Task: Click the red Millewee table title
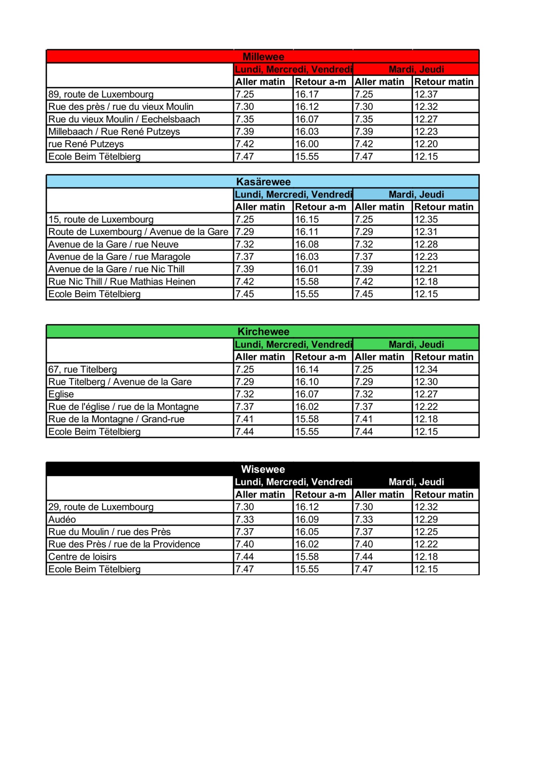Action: (263, 57)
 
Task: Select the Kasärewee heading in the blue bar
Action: (263, 182)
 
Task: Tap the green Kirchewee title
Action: (263, 332)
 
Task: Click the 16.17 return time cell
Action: (307, 94)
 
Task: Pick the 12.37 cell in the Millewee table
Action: (426, 94)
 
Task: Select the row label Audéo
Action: (62, 519)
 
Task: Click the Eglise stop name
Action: (61, 394)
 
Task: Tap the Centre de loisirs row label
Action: (82, 557)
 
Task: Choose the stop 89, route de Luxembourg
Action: (101, 94)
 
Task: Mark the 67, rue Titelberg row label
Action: (83, 369)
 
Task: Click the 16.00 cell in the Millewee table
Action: (307, 144)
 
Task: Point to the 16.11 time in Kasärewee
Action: (307, 232)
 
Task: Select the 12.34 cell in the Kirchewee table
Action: (426, 369)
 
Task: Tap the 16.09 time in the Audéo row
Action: (307, 519)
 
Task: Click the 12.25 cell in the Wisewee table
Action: (426, 532)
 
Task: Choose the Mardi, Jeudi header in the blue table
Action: (416, 194)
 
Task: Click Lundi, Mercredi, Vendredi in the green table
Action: (293, 344)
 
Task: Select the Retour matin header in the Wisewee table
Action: (444, 494)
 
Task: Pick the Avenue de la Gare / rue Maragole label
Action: (119, 257)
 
